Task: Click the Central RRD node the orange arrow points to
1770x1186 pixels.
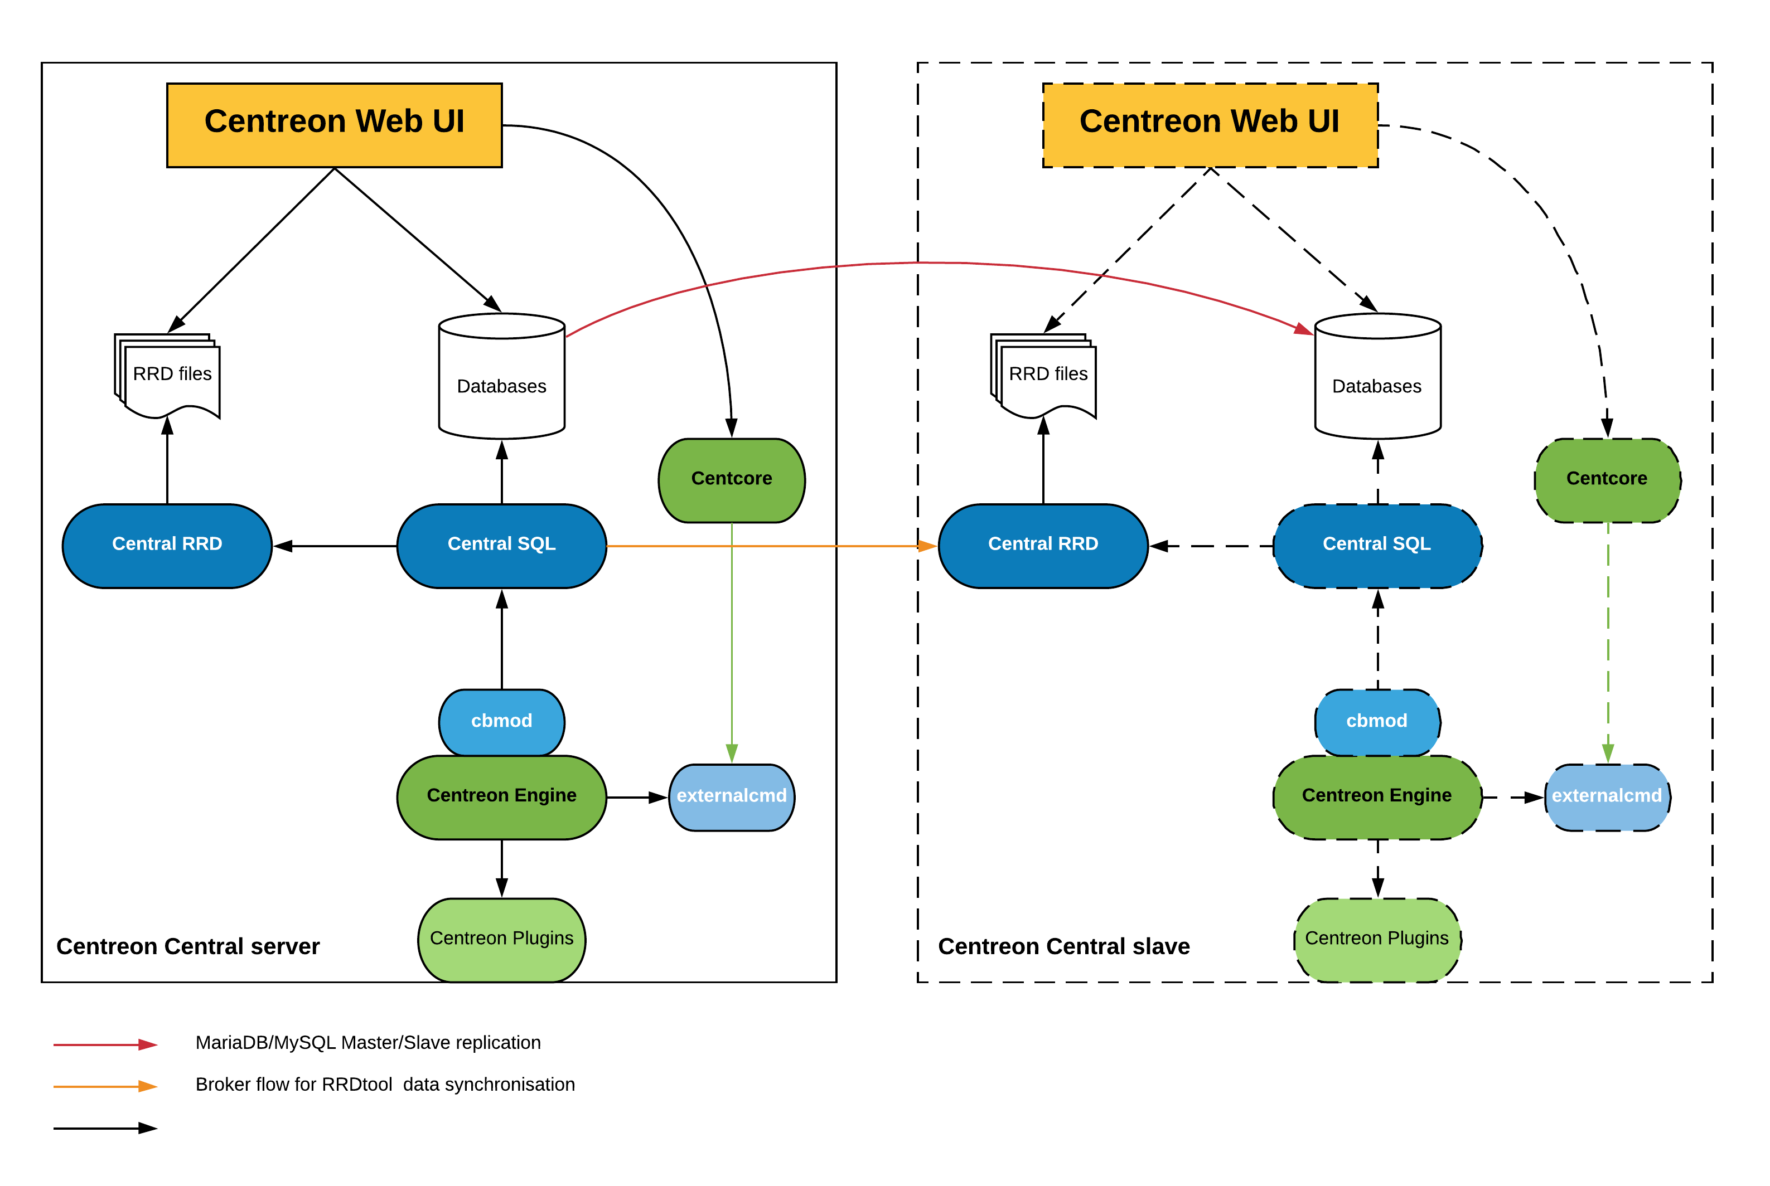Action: click(x=1043, y=545)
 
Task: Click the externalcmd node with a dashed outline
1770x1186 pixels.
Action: click(x=1607, y=797)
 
